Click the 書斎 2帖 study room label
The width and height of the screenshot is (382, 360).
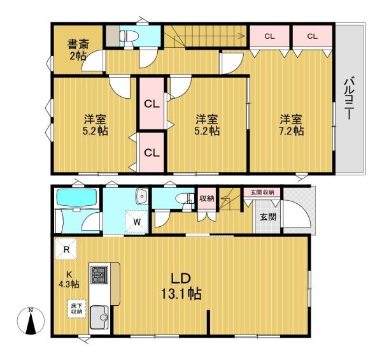point(78,50)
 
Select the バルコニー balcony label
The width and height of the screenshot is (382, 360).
point(349,97)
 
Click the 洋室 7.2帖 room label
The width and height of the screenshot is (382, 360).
point(291,125)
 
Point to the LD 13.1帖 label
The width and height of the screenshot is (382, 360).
point(181,286)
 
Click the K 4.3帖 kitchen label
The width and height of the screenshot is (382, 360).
point(69,279)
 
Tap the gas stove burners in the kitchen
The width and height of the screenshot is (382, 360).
point(99,275)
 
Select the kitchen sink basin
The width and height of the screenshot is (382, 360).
point(99,317)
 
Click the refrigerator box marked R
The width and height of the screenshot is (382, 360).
point(66,249)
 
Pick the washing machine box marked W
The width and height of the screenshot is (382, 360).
point(137,222)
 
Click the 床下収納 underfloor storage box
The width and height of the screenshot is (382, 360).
point(76,308)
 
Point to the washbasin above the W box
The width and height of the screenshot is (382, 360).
point(141,196)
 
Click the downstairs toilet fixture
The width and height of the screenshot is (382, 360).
point(185,198)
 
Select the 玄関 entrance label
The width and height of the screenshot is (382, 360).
point(268,217)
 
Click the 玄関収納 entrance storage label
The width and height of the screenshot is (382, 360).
point(262,192)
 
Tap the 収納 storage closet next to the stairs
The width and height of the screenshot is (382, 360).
point(206,199)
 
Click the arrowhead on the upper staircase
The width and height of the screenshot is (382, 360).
point(242,36)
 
